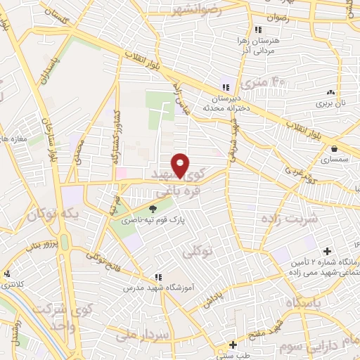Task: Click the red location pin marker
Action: click(181, 165)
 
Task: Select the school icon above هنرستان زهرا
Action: click(259, 30)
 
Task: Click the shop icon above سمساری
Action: click(333, 149)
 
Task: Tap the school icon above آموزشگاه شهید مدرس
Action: click(159, 277)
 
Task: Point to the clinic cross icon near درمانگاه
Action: click(327, 251)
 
